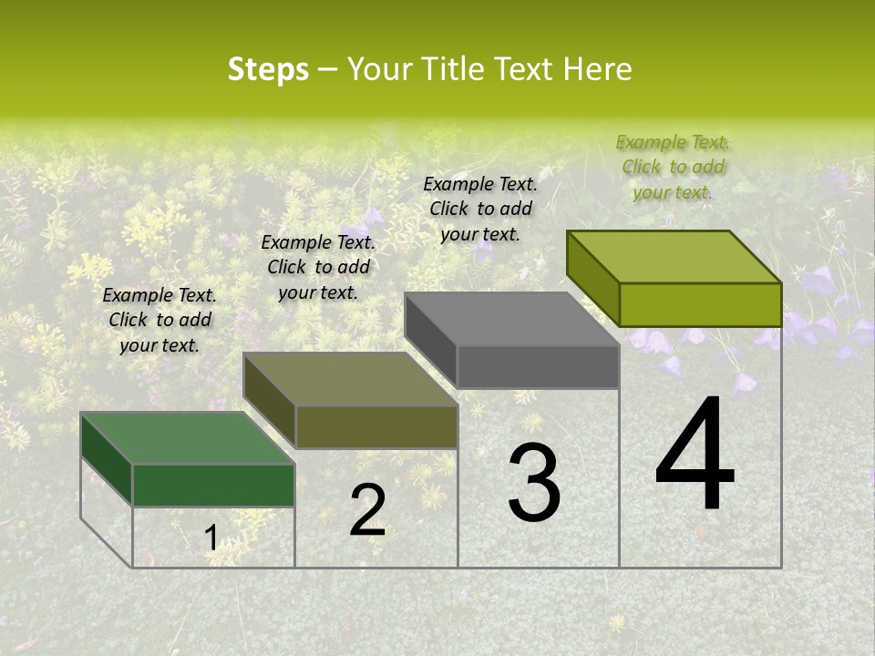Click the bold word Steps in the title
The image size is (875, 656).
click(268, 70)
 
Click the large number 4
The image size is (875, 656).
click(695, 455)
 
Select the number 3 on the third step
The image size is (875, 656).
click(533, 484)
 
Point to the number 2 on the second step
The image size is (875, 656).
click(367, 510)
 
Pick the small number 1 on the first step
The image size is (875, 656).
click(211, 538)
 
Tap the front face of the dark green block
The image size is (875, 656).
click(213, 485)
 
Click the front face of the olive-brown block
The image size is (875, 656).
click(376, 426)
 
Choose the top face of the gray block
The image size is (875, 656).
click(510, 319)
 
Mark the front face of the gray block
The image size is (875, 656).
click(538, 366)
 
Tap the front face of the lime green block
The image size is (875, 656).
click(700, 304)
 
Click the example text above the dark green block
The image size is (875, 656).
click(160, 320)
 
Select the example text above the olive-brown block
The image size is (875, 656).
click(318, 267)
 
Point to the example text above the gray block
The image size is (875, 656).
click(480, 209)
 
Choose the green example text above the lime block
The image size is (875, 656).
click(673, 167)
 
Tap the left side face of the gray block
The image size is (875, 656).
click(430, 342)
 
